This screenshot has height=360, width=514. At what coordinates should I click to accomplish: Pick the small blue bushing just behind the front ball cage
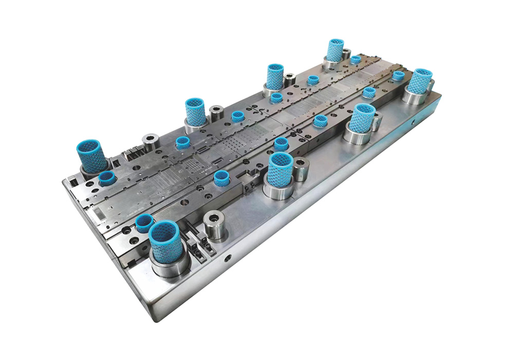click(144, 223)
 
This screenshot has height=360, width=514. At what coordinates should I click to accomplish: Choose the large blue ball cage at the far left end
click(91, 155)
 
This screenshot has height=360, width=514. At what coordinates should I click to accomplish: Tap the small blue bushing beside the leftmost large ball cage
click(107, 178)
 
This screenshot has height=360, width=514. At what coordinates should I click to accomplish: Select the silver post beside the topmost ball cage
click(346, 53)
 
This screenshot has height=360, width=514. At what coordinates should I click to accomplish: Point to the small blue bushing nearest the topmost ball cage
click(356, 60)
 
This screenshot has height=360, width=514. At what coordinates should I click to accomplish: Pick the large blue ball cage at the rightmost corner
click(420, 81)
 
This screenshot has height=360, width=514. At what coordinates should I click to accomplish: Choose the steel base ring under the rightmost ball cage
click(414, 97)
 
